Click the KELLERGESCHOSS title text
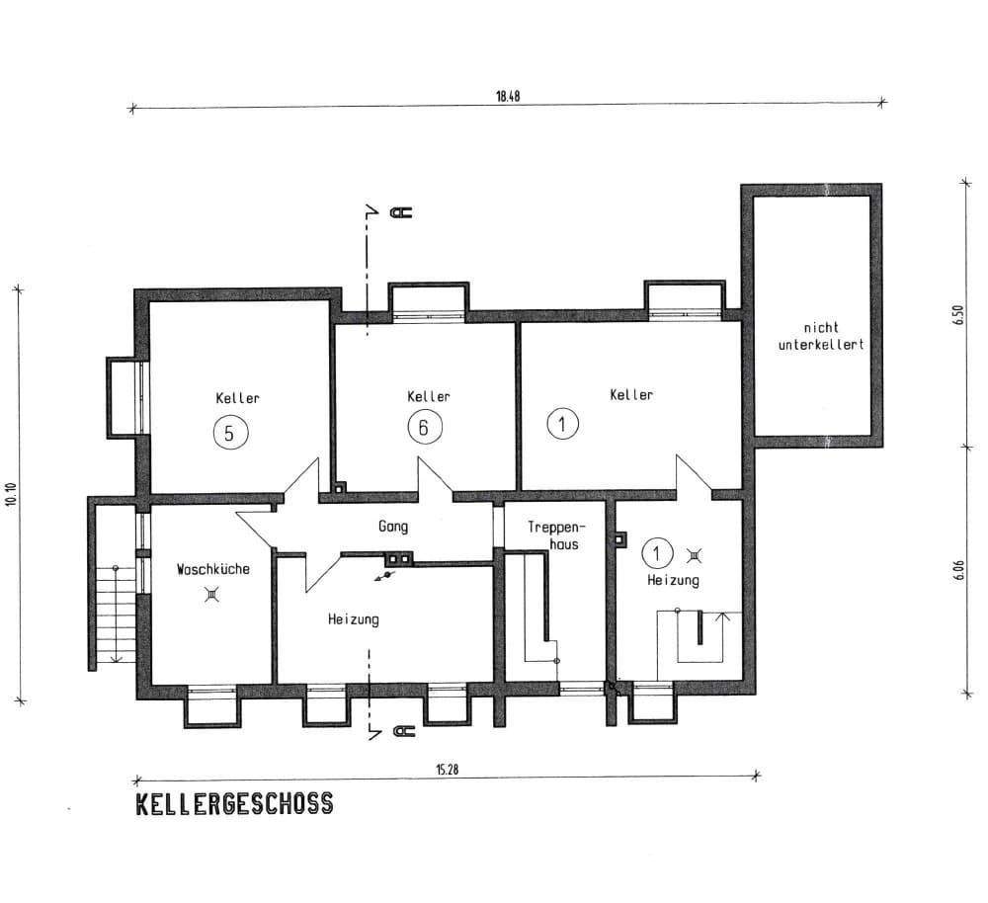234,804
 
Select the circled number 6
425,428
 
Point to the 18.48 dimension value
507,97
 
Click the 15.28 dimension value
447,770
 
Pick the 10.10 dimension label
11,494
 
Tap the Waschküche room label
212,569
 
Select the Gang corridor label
392,527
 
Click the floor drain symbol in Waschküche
211,594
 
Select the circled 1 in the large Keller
561,425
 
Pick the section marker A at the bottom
402,732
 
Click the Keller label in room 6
428,396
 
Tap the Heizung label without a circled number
353,619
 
